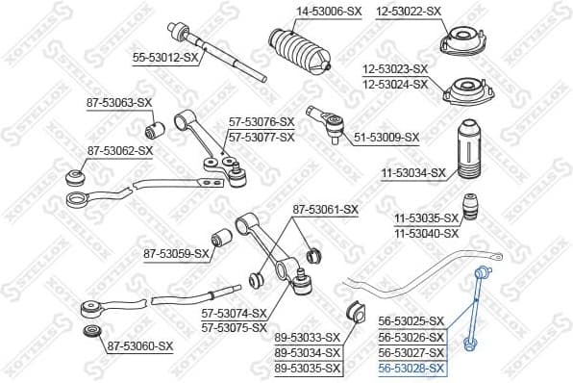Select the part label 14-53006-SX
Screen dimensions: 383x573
300,11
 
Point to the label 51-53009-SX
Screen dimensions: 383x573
386,138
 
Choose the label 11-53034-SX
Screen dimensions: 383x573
413,173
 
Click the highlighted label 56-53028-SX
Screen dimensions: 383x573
411,368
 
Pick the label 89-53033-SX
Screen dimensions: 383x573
308,338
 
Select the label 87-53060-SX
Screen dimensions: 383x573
139,345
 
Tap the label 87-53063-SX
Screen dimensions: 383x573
119,102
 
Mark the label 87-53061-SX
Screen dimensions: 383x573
325,209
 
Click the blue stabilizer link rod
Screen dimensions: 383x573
475,306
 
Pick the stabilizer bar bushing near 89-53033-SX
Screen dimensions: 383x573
353,312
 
